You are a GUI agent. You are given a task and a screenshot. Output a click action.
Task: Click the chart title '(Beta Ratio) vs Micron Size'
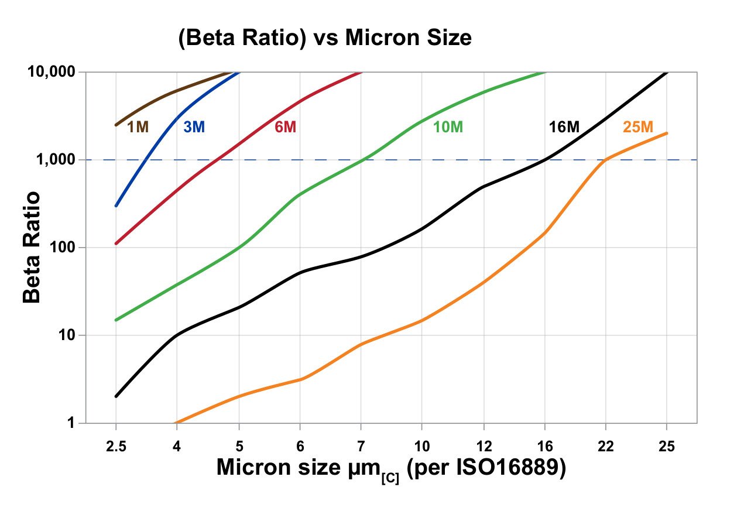point(325,39)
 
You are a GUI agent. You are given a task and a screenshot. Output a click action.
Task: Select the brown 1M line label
point(138,126)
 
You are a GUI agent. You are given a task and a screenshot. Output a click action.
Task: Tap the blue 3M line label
point(194,126)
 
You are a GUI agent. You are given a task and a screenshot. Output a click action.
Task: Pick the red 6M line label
point(286,126)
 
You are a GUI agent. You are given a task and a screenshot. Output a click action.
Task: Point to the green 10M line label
point(448,126)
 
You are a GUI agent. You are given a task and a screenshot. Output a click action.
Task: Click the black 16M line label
point(564,126)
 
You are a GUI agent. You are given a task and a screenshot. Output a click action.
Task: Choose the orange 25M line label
point(637,126)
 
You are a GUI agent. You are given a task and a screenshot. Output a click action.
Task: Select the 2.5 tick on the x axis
point(116,447)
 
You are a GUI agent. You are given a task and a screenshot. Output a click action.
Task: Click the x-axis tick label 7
point(361,447)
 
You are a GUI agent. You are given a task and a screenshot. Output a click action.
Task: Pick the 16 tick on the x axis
point(544,447)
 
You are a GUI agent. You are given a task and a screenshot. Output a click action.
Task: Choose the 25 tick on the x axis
point(666,447)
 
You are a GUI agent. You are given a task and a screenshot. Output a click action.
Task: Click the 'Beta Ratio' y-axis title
point(32,246)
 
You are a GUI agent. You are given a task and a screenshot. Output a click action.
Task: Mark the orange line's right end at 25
point(666,133)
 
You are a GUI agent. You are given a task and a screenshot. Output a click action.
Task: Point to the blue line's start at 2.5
point(116,205)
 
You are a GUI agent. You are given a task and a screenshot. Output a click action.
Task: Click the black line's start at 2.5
point(116,396)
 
